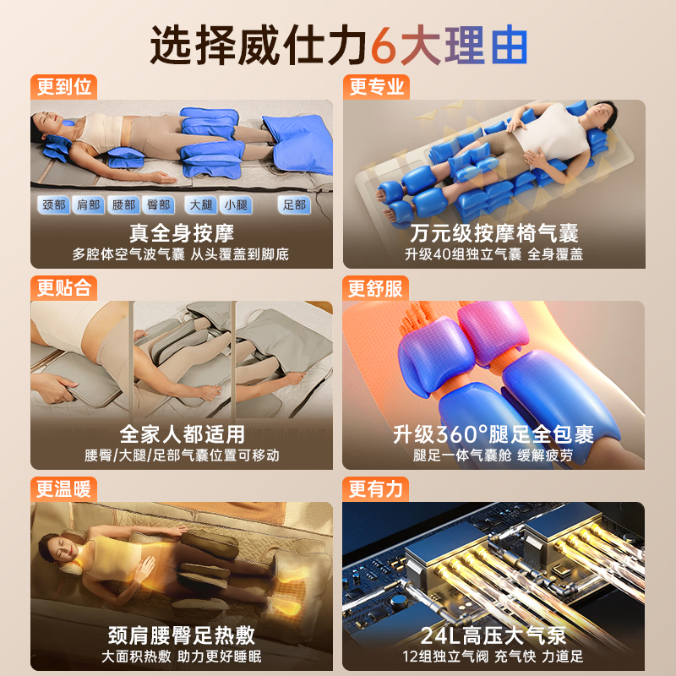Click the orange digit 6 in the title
pos(384,46)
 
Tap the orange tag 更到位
pos(64,87)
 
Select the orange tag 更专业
pos(376,87)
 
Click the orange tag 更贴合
pos(64,288)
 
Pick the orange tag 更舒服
pos(375,288)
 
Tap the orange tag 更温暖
pos(64,489)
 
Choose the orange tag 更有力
pos(375,489)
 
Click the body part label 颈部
pos(54,204)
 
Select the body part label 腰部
pos(123,204)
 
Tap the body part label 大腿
pos(201,204)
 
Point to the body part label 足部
pos(294,204)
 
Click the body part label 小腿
pos(236,204)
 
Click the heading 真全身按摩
pos(182,233)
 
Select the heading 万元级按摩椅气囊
pos(494,233)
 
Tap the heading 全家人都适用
pos(182,434)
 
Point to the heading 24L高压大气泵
pos(493,635)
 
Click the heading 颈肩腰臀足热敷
pos(182,635)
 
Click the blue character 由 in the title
pos(510,46)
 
